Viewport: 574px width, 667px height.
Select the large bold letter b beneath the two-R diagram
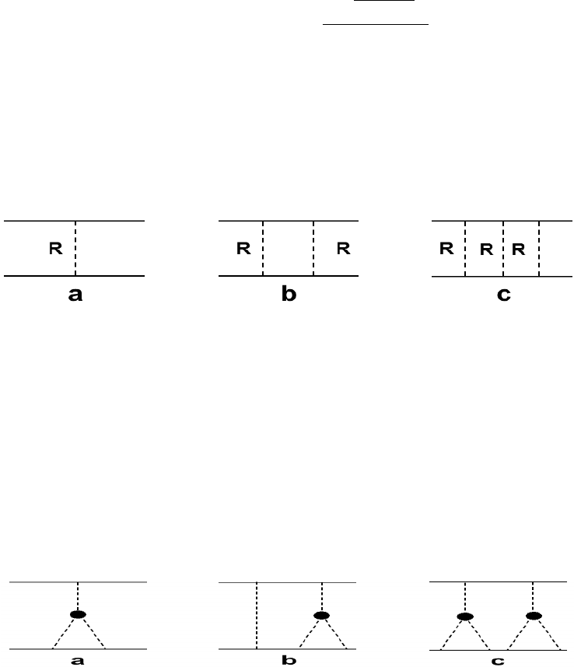pos(289,296)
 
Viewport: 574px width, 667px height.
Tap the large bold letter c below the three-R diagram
pos(504,296)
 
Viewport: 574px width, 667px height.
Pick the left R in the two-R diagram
pos(243,250)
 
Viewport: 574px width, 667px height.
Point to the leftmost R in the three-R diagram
pos(446,250)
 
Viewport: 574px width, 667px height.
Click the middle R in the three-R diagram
pos(485,250)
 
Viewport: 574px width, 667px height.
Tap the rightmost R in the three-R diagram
pos(519,250)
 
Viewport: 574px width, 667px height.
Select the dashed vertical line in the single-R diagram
pos(75,233)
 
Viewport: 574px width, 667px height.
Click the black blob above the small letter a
pos(78,614)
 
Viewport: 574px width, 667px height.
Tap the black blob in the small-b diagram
pos(321,616)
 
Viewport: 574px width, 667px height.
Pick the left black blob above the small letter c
pos(465,617)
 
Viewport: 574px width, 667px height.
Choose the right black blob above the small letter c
pos(533,616)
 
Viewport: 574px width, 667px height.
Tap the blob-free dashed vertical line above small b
pos(257,614)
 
